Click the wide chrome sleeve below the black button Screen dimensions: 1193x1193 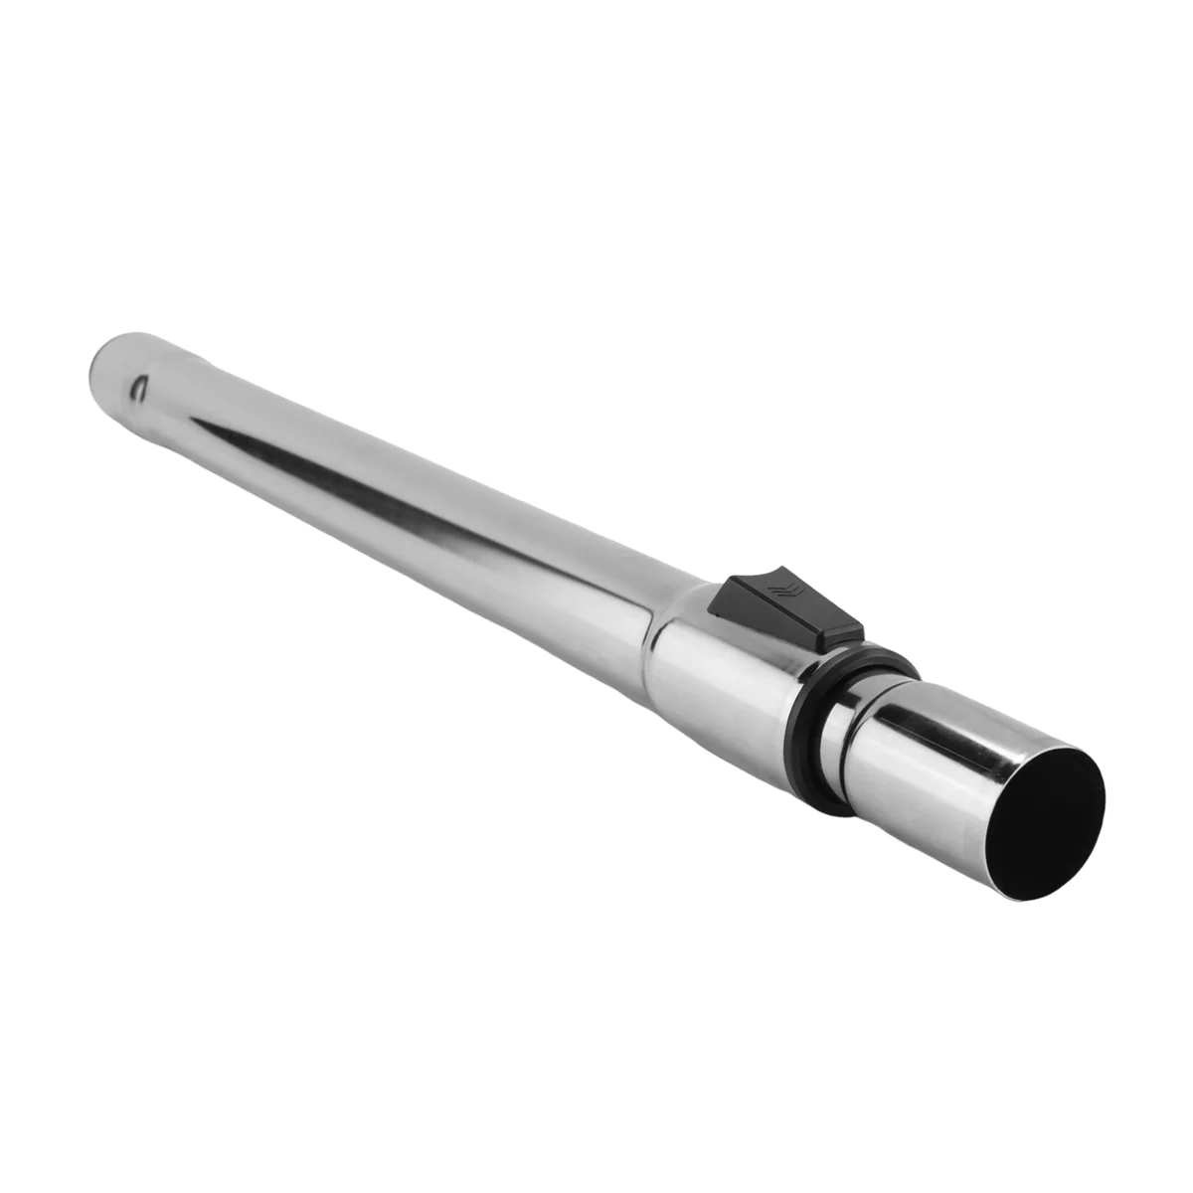point(726,676)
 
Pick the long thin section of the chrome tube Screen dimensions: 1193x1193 point(398,497)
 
